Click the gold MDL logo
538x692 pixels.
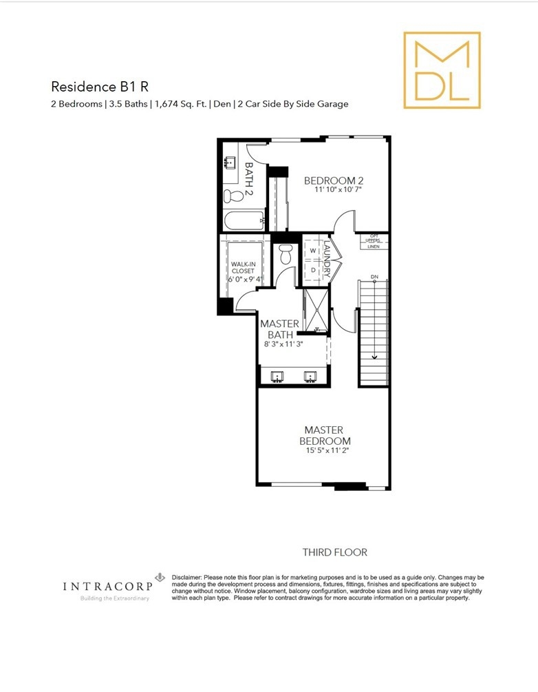(442, 70)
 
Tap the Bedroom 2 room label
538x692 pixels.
(334, 180)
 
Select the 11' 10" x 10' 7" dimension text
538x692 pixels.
(338, 190)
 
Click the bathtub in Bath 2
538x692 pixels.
(244, 220)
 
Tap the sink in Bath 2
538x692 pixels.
(230, 162)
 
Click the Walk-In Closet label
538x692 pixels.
(243, 267)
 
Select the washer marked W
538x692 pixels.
(313, 251)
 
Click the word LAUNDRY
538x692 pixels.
(327, 259)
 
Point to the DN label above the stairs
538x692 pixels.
(374, 277)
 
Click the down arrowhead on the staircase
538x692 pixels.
(374, 357)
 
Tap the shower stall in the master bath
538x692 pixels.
(316, 309)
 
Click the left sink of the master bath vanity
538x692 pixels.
(277, 377)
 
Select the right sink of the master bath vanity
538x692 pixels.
(310, 377)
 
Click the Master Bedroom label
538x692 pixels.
(325, 436)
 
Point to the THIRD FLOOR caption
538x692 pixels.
(335, 552)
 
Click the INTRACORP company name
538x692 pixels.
(107, 586)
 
